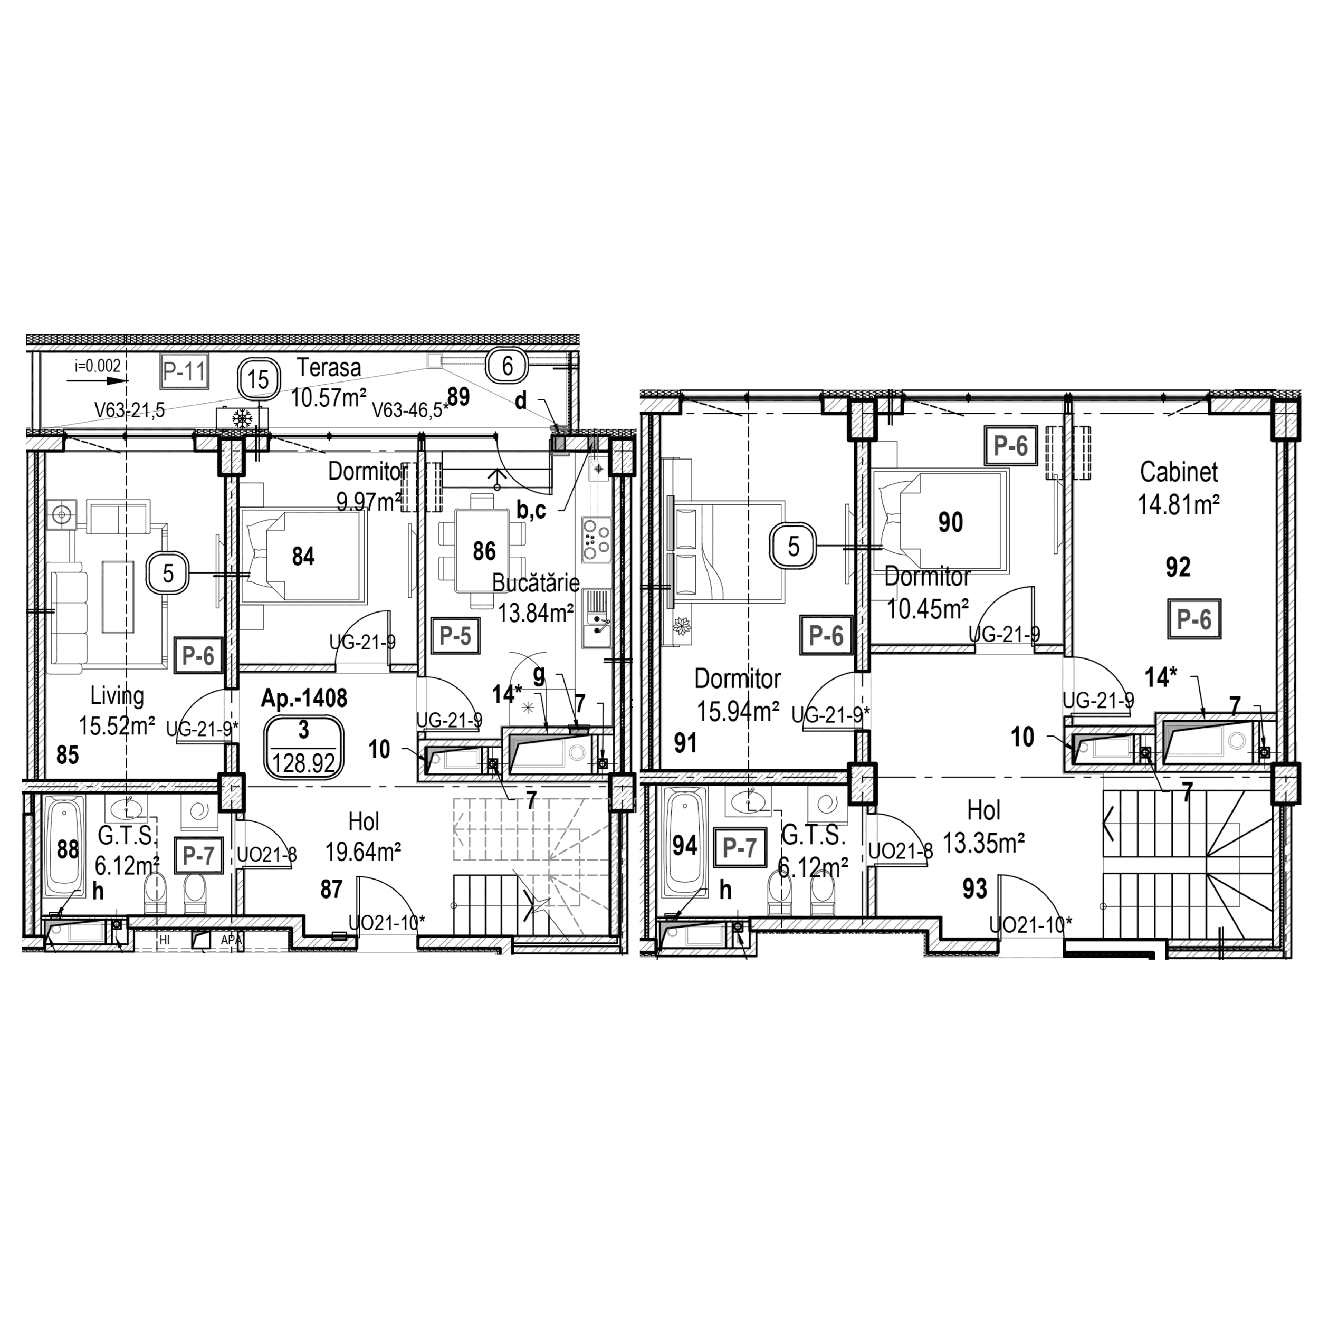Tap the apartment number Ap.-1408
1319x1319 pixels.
(x=304, y=697)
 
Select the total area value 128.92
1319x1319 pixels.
(x=304, y=762)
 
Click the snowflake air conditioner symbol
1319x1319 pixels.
(x=242, y=418)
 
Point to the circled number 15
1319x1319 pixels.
(x=258, y=379)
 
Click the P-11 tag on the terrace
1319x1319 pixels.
(x=184, y=372)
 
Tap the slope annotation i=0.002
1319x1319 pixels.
(x=98, y=367)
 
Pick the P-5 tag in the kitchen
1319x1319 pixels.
(x=455, y=636)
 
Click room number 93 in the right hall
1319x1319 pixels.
(x=974, y=888)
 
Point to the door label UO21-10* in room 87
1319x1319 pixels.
(x=386, y=922)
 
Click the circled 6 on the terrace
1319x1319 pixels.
(x=507, y=366)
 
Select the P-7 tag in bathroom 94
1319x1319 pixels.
(x=739, y=848)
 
